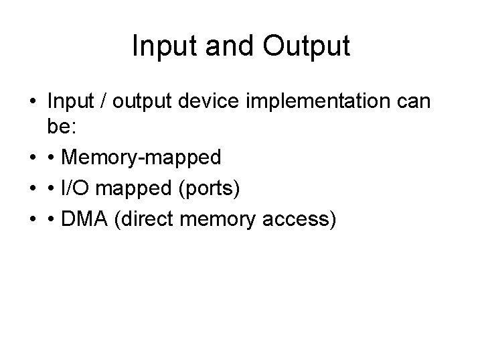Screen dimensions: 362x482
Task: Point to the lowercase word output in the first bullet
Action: [x=140, y=102]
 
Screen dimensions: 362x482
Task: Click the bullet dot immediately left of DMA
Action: [x=52, y=221]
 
